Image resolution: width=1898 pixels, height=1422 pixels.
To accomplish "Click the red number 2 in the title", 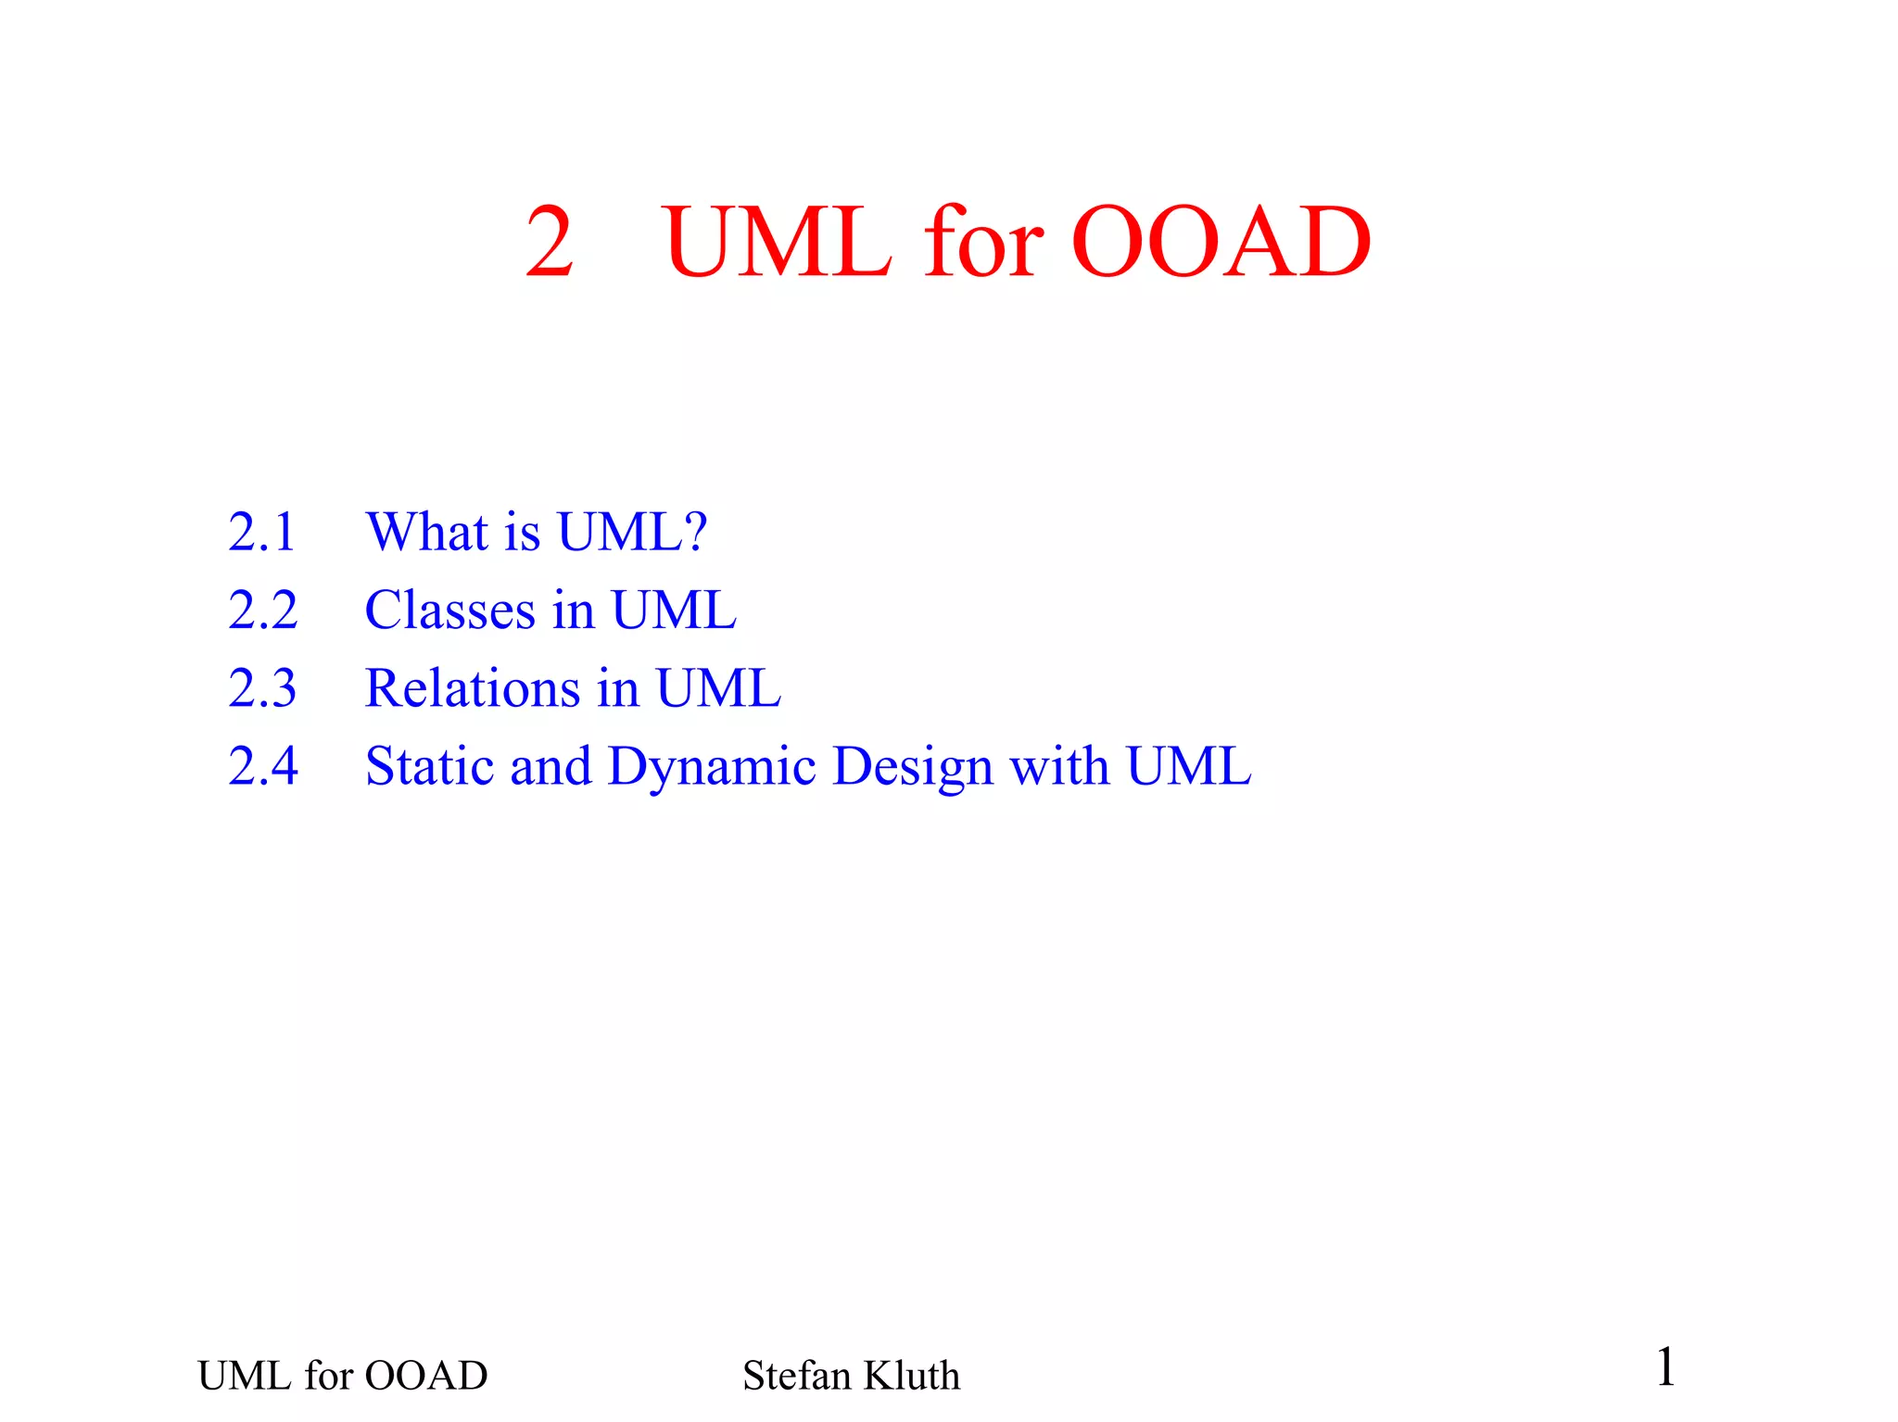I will (x=550, y=243).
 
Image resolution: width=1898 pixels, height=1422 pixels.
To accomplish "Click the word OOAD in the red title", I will (x=1221, y=243).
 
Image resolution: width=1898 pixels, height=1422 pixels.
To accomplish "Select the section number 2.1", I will (x=262, y=533).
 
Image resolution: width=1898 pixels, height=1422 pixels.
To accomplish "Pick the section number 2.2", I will (x=263, y=610).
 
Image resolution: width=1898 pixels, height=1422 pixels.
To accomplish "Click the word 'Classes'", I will (x=450, y=610).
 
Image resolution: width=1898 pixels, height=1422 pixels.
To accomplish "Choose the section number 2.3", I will (x=263, y=688).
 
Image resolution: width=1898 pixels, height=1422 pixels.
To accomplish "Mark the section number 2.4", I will (x=263, y=766).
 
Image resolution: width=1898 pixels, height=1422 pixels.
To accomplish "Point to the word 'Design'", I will (x=912, y=768).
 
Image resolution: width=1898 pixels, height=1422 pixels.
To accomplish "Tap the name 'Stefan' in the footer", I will (x=796, y=1376).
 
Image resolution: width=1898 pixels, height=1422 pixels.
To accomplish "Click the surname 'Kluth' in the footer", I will (x=912, y=1376).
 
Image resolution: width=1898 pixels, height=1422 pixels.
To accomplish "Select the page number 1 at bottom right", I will (x=1665, y=1367).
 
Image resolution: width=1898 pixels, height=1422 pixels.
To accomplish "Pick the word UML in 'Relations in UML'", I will (x=718, y=688).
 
